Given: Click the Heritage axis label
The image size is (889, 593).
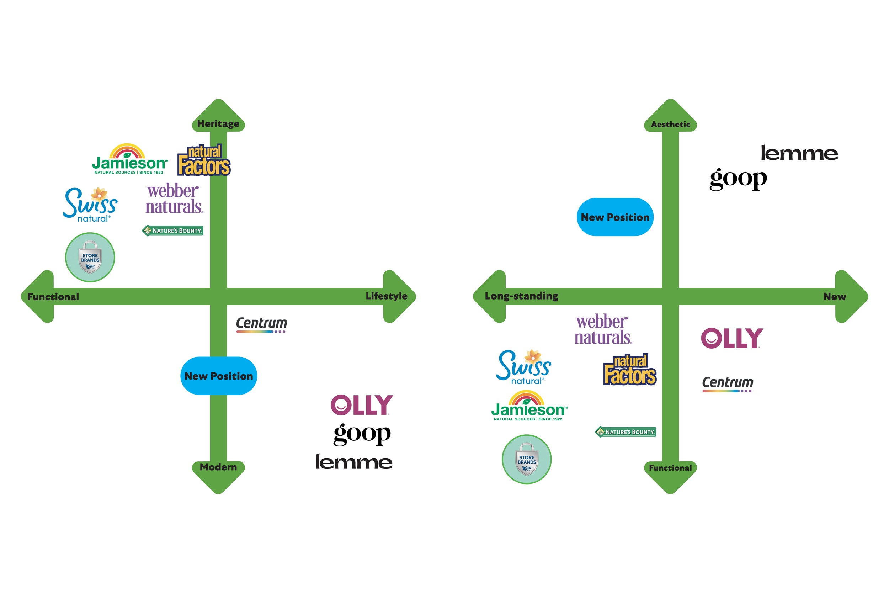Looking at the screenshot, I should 218,124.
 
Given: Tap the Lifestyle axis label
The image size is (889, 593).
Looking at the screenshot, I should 386,296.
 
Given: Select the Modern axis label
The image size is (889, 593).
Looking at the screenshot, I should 218,467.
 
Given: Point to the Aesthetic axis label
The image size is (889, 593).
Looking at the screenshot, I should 670,125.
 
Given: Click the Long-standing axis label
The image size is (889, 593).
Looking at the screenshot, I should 521,296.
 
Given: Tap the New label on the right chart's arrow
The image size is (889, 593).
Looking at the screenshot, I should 835,297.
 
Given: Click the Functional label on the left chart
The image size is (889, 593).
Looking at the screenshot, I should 53,297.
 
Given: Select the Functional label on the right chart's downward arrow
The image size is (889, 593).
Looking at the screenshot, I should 670,468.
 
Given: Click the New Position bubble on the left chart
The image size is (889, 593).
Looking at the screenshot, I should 218,376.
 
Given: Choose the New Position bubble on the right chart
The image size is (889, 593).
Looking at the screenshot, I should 615,217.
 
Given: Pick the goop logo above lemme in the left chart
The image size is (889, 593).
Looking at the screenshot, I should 362,434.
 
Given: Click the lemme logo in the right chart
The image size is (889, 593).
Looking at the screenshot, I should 799,153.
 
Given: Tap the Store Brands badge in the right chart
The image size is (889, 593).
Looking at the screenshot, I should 527,459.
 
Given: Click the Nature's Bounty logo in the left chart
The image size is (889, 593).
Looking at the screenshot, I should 173,231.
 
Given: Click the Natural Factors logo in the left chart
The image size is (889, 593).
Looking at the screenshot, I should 204,161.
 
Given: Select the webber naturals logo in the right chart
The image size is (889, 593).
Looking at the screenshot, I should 603,329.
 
